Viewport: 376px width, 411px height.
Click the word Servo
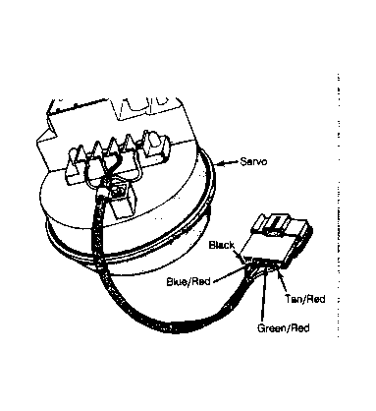(253, 161)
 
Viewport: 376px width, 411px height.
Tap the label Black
(222, 245)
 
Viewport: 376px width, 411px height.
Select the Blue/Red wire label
(188, 281)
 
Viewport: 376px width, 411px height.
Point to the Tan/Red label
(305, 299)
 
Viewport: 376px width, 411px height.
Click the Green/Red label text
(284, 327)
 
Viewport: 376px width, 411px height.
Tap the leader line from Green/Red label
(263, 296)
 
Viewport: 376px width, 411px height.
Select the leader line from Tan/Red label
(283, 281)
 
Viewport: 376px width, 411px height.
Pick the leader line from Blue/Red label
(229, 273)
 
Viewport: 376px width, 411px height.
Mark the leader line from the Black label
(240, 257)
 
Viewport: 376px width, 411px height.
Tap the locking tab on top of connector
(274, 224)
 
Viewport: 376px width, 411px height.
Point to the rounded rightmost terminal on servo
(154, 141)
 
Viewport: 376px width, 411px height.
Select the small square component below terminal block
(119, 193)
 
